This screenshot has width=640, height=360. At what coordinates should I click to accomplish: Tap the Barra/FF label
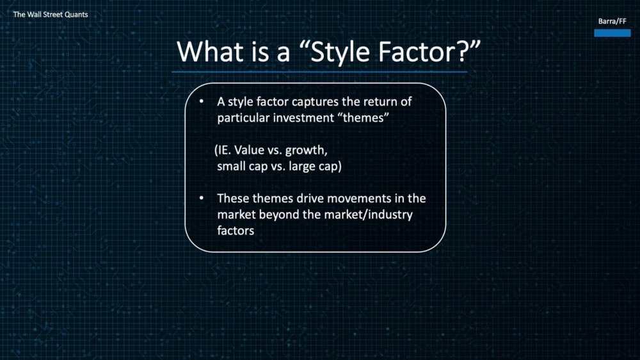tap(612, 21)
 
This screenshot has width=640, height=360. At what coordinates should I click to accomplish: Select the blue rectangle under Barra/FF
tap(612, 33)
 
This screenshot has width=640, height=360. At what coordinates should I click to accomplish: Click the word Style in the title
tap(341, 52)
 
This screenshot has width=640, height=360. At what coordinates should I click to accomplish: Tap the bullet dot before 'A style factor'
tap(202, 101)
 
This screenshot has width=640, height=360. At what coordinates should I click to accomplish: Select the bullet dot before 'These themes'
tap(202, 198)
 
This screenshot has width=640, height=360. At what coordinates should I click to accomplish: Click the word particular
tap(243, 118)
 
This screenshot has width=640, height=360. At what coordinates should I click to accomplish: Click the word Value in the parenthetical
tap(249, 150)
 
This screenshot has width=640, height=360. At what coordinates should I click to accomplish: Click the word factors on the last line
tap(236, 231)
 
